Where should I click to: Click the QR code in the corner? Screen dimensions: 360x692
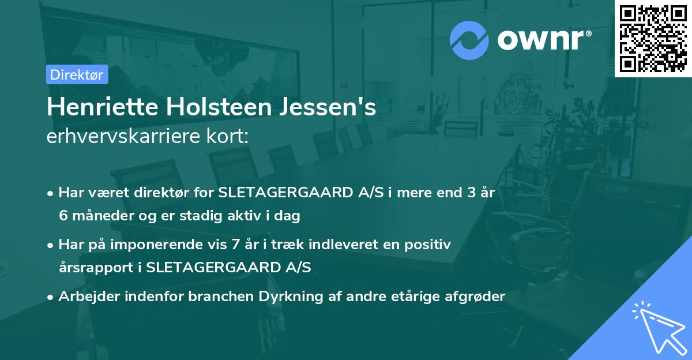click(653, 38)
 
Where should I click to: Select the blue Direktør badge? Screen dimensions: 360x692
click(77, 74)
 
